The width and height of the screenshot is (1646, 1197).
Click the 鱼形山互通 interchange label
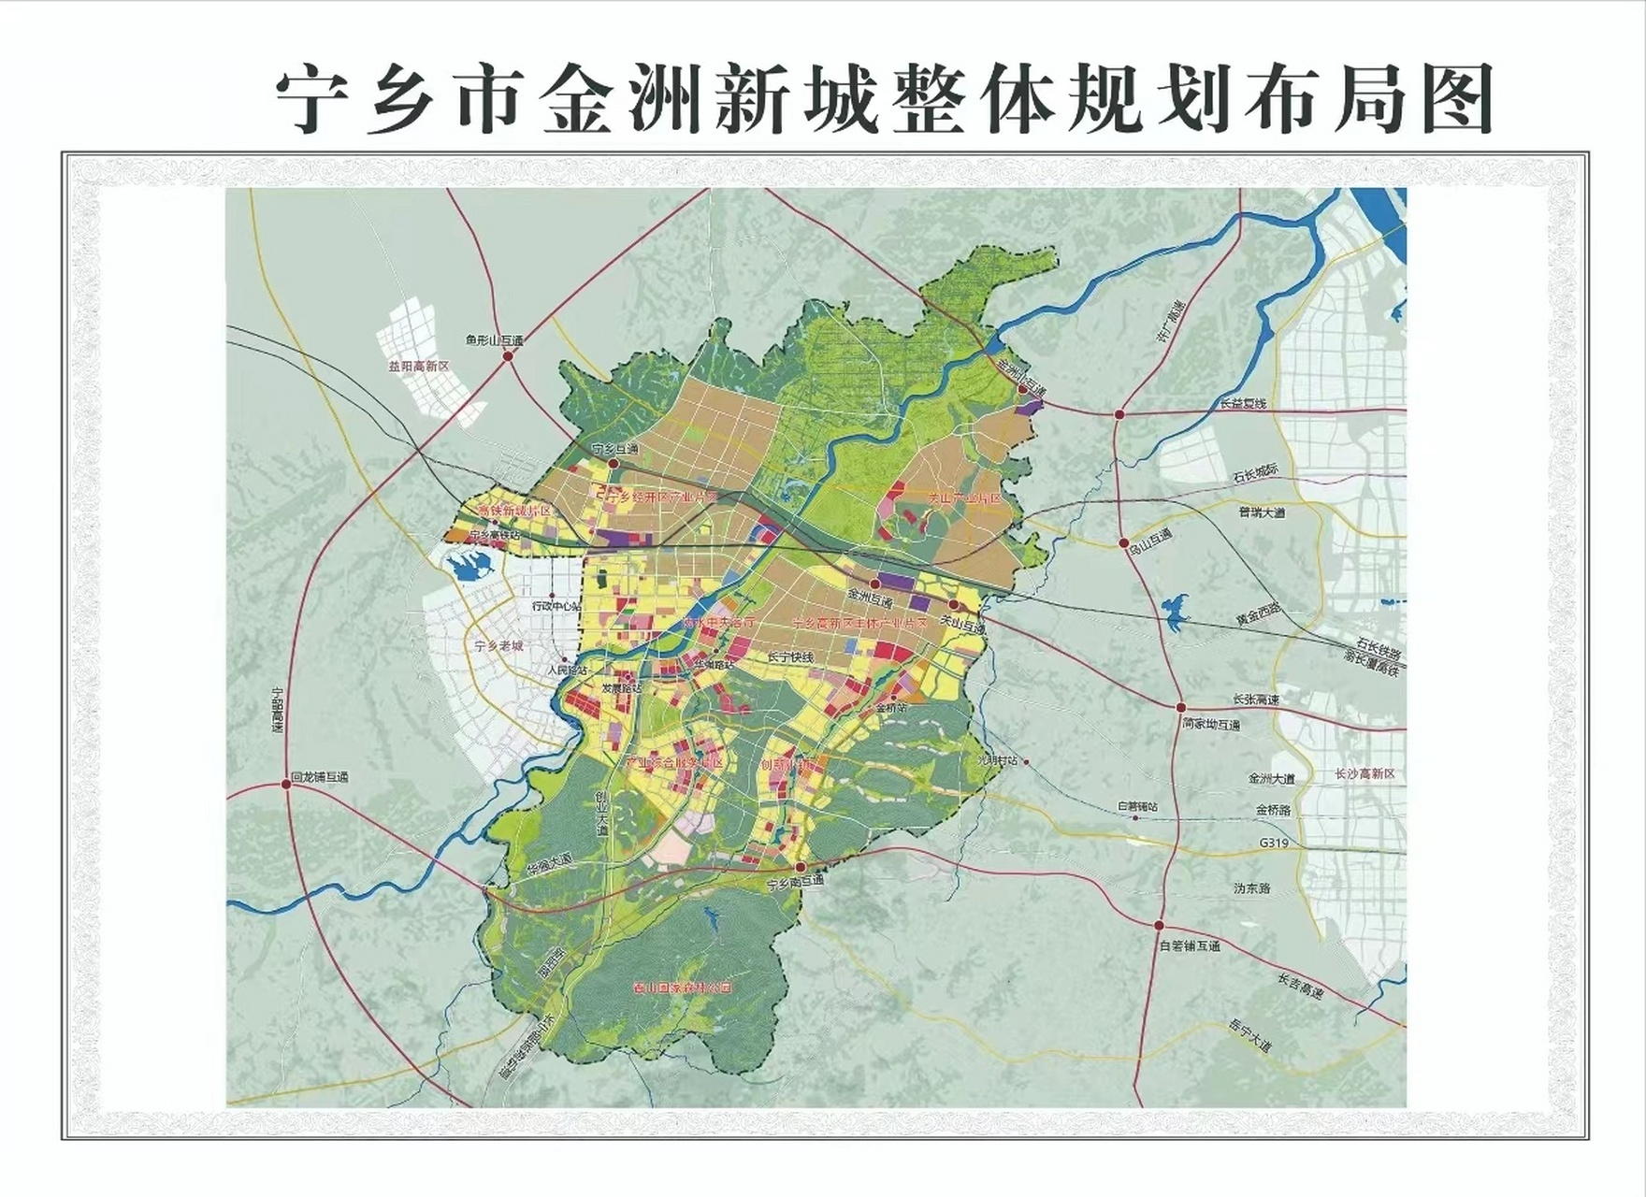(494, 341)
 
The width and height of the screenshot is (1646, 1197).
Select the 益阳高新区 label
(418, 367)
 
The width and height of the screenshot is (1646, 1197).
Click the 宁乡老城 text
(498, 646)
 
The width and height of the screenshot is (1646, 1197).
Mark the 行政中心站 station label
(556, 606)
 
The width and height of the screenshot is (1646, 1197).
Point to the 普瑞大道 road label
(1262, 512)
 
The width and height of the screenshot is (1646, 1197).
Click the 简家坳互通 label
(1210, 724)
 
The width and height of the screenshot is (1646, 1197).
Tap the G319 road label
(1274, 843)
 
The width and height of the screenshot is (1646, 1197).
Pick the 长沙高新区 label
(1364, 774)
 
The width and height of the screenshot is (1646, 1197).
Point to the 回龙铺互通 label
(319, 777)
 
